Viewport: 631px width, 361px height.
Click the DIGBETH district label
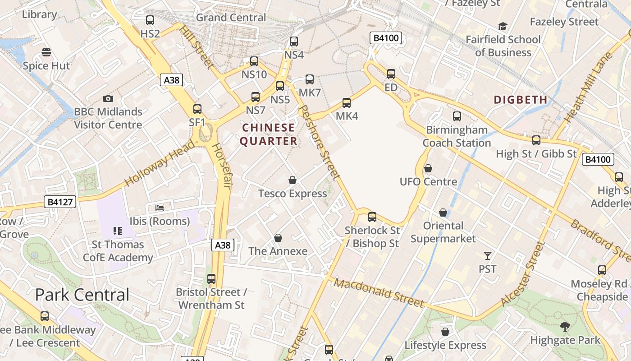[521, 100]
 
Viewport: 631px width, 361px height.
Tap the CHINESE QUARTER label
[269, 134]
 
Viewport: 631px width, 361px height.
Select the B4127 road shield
[60, 202]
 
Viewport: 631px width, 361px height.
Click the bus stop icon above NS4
[294, 42]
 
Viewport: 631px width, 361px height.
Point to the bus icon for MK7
[310, 79]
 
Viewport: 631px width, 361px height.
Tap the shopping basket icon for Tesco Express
[293, 180]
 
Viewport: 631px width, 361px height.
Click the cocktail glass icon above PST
[487, 256]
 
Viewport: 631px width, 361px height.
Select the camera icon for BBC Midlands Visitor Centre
[108, 98]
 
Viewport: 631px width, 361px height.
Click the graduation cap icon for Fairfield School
[503, 27]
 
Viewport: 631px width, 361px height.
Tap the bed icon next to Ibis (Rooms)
[160, 208]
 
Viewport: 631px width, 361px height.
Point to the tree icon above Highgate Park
[565, 326]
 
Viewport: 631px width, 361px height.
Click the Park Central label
[82, 295]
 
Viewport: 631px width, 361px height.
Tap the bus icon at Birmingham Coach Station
[457, 116]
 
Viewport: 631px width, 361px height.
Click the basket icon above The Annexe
[278, 238]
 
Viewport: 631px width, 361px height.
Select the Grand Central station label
[231, 18]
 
